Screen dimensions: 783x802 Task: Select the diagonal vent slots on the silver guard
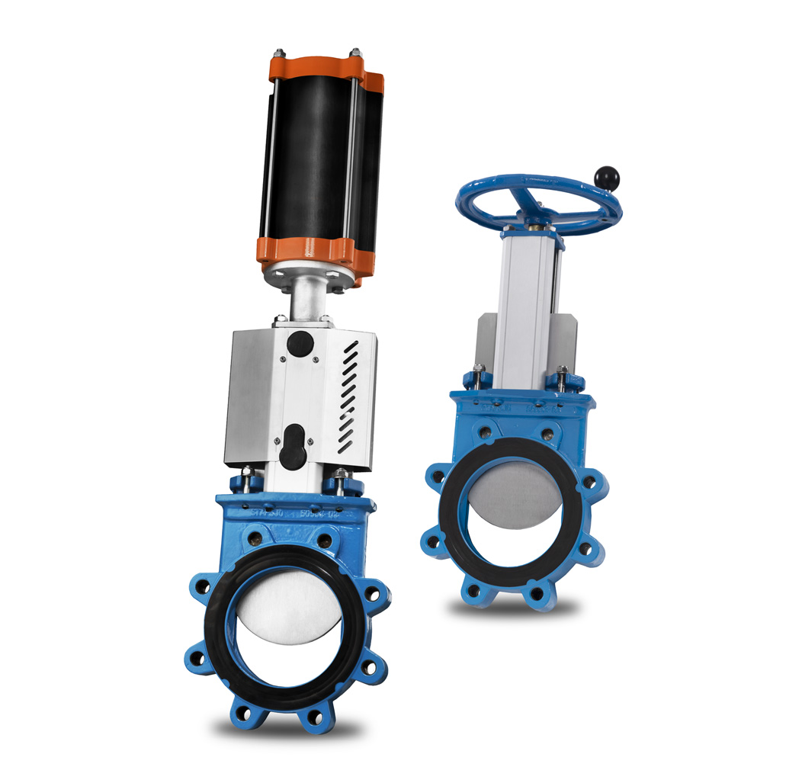point(348,396)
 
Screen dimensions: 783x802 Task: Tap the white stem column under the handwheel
point(526,305)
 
